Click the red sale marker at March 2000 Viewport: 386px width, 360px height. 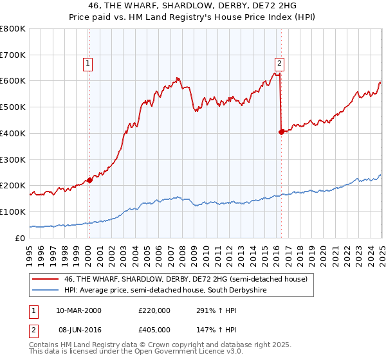pos(89,180)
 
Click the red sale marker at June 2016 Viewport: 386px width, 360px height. pos(281,132)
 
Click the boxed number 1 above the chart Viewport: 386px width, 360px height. pos(87,63)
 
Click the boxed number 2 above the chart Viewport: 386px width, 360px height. pos(280,63)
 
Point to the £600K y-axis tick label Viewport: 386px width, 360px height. pos(13,81)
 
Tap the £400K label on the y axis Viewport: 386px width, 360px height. pos(13,133)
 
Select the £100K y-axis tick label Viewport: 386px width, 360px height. pos(13,212)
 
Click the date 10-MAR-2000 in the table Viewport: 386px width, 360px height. pos(78,310)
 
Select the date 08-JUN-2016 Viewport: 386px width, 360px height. pos(78,328)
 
